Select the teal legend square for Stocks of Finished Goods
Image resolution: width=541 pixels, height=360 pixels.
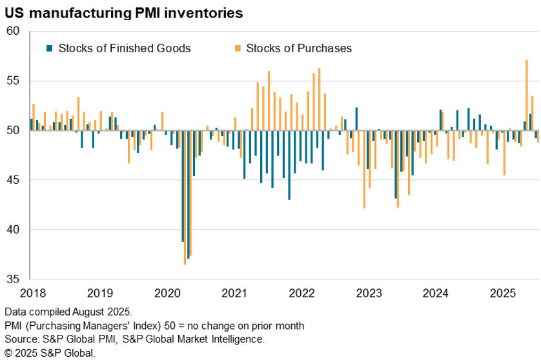click(49, 48)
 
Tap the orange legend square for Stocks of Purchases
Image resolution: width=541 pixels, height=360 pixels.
click(238, 48)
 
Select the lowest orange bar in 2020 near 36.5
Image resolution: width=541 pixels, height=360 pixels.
click(185, 197)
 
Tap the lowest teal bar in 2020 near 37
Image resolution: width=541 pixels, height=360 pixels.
click(188, 194)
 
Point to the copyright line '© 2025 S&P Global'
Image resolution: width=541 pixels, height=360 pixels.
click(49, 352)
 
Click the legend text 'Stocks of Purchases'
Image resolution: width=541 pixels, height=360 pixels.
click(299, 48)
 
